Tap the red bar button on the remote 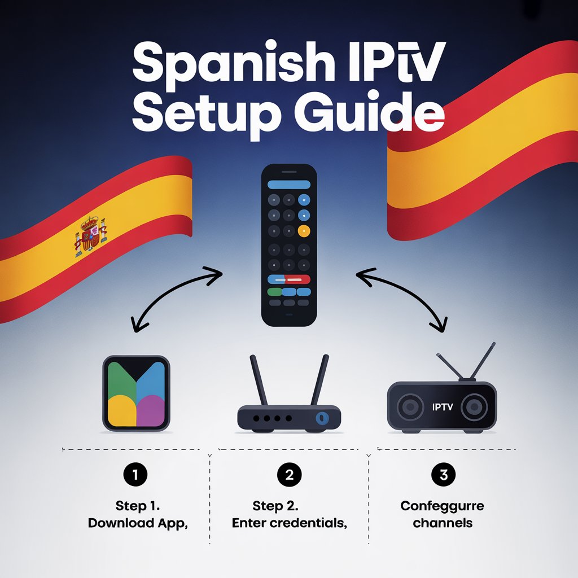pyautogui.click(x=288, y=279)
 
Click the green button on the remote pyautogui.click(x=274, y=292)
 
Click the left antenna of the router pyautogui.click(x=260, y=384)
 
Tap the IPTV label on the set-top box pyautogui.click(x=441, y=406)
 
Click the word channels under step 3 pyautogui.click(x=443, y=523)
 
